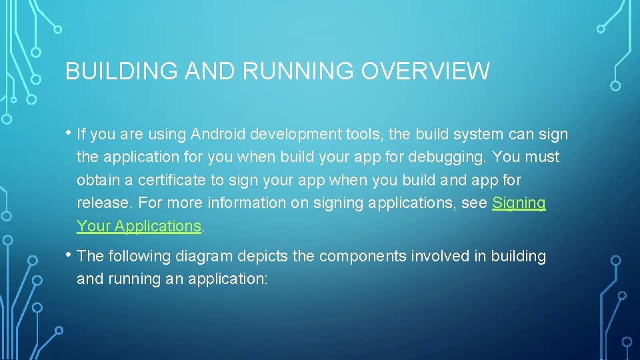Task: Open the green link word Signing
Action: (x=519, y=203)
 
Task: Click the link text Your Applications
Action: (x=139, y=226)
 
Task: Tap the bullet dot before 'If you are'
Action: (x=69, y=133)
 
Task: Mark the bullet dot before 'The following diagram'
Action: (x=69, y=255)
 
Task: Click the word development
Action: (x=296, y=135)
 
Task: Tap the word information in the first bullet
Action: (x=247, y=203)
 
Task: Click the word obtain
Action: (x=96, y=180)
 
